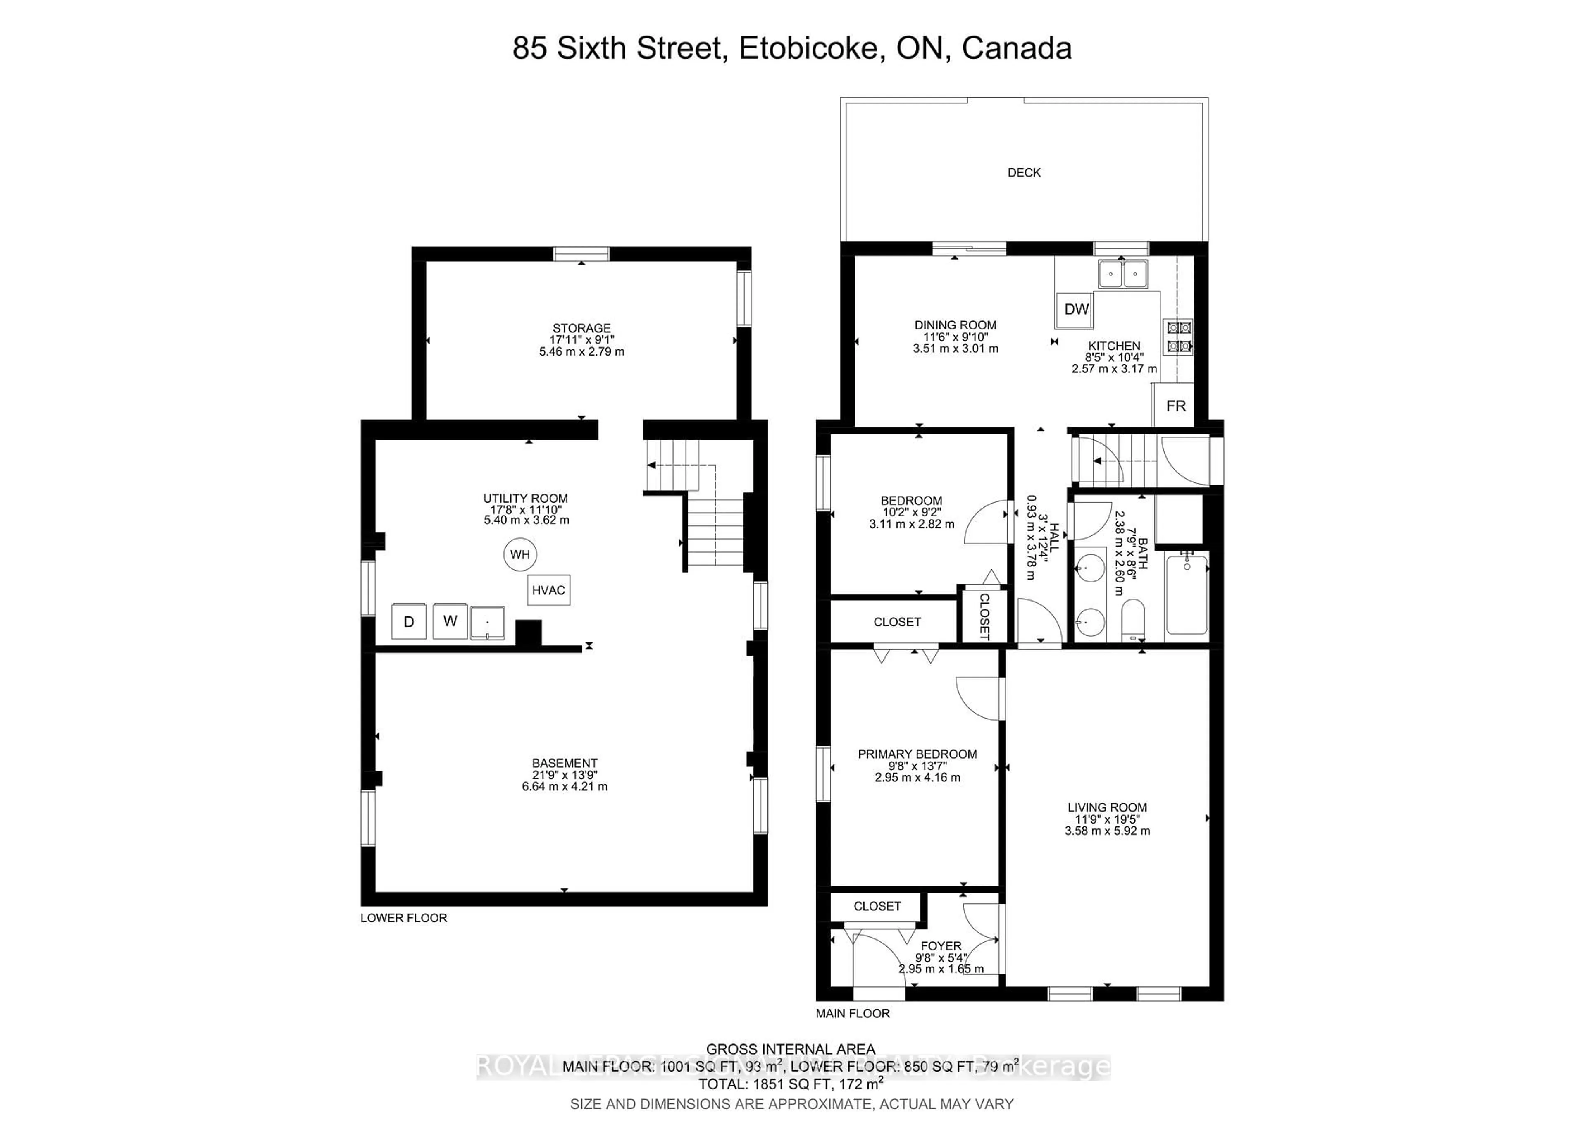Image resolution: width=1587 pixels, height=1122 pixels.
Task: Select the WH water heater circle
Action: (x=520, y=554)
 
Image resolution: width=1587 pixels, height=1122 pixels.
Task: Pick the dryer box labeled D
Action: (x=408, y=621)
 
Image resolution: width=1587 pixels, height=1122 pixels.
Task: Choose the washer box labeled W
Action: (x=450, y=621)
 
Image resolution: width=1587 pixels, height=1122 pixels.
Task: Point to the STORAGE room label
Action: (x=581, y=328)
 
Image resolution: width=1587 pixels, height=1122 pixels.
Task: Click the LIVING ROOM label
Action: (x=1107, y=807)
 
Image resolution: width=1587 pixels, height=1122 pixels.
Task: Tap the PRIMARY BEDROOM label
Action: (x=917, y=754)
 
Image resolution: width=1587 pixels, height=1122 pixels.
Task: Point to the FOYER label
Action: (x=941, y=946)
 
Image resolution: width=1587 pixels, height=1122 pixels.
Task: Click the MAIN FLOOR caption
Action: (x=852, y=1013)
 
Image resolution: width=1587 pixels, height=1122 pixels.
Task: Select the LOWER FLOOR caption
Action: (x=404, y=918)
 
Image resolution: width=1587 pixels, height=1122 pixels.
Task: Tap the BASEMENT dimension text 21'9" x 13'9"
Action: (x=565, y=775)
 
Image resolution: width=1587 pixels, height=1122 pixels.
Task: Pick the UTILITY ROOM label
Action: (x=525, y=499)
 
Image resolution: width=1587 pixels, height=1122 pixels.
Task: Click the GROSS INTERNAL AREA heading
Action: (x=791, y=1049)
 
